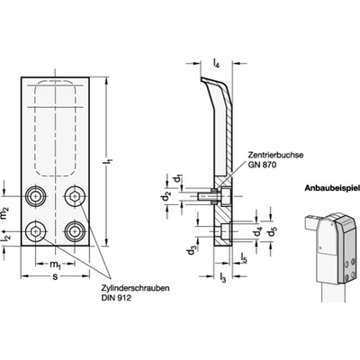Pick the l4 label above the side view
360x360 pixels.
[x=217, y=65]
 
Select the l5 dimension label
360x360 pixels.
[x=244, y=260]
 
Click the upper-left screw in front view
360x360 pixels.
[x=37, y=197]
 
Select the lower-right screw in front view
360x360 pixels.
[x=75, y=229]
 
